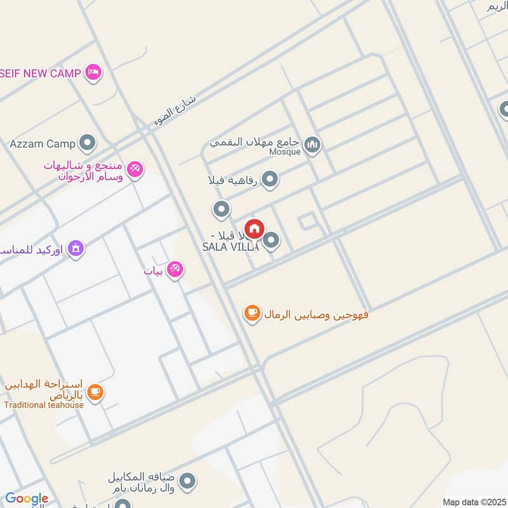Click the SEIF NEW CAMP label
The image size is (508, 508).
pyautogui.click(x=40, y=73)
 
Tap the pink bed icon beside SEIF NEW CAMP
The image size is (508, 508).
pyautogui.click(x=93, y=72)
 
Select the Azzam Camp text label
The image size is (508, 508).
pyautogui.click(x=43, y=144)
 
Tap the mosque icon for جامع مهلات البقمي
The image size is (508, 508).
pyautogui.click(x=312, y=145)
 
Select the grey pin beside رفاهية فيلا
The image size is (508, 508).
pyautogui.click(x=271, y=180)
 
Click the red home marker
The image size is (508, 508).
pyautogui.click(x=254, y=229)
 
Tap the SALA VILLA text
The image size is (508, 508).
pyautogui.click(x=230, y=247)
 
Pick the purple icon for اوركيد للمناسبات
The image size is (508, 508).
pyautogui.click(x=75, y=248)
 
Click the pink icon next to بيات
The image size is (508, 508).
pyautogui.click(x=176, y=270)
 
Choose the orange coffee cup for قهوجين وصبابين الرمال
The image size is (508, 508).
pyautogui.click(x=252, y=313)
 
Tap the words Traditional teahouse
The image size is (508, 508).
pyautogui.click(x=44, y=405)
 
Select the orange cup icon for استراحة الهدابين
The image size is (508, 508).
pyautogui.click(x=96, y=392)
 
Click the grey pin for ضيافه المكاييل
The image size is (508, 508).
pyautogui.click(x=187, y=482)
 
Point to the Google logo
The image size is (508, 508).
pyautogui.click(x=27, y=498)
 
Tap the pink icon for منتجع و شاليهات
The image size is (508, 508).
pyautogui.click(x=134, y=169)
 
